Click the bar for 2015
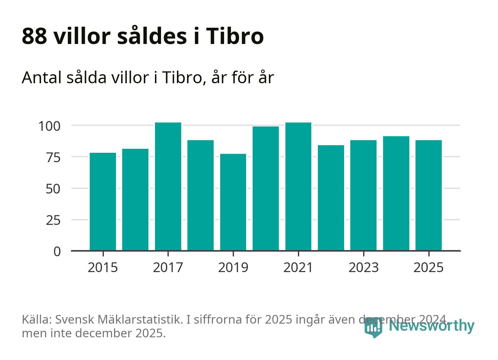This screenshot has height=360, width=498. (103, 201)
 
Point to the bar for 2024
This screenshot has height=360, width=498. (396, 193)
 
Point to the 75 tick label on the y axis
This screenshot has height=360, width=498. (53, 157)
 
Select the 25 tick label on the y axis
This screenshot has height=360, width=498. (53, 220)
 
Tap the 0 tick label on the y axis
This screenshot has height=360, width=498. (57, 251)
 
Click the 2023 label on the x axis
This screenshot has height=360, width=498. (364, 268)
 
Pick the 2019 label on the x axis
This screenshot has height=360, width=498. (233, 268)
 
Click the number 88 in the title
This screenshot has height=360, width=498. (34, 36)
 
